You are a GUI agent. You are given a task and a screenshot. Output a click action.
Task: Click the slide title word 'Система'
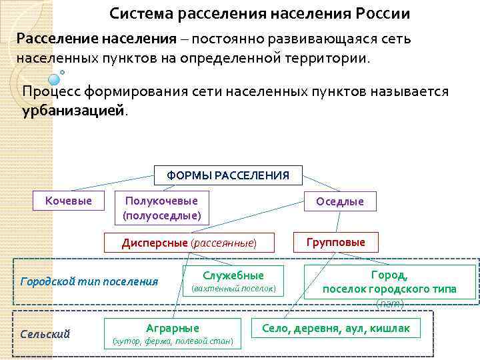[x=139, y=13]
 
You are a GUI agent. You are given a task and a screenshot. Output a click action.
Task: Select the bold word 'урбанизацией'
[x=73, y=110]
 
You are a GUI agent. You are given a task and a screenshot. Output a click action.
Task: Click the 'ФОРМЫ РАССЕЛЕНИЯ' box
[x=228, y=175]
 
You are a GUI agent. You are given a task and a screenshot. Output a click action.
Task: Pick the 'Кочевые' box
[x=69, y=200]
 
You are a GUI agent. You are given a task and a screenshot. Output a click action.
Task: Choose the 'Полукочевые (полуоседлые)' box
[x=162, y=208]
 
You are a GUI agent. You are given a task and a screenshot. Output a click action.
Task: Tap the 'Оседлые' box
[x=340, y=201]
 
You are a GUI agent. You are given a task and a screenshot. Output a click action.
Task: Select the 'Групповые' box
[x=335, y=242]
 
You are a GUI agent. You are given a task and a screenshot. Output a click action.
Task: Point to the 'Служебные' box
[x=233, y=281]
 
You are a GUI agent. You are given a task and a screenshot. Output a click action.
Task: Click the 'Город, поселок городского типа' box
[x=390, y=281]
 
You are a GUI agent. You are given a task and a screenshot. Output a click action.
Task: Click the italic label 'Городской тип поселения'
[x=89, y=281]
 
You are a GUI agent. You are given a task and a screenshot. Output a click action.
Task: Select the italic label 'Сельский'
[x=45, y=334]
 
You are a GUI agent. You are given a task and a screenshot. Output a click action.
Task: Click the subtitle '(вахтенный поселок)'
[x=233, y=289]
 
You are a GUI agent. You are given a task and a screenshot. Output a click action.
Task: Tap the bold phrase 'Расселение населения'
[x=97, y=39]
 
